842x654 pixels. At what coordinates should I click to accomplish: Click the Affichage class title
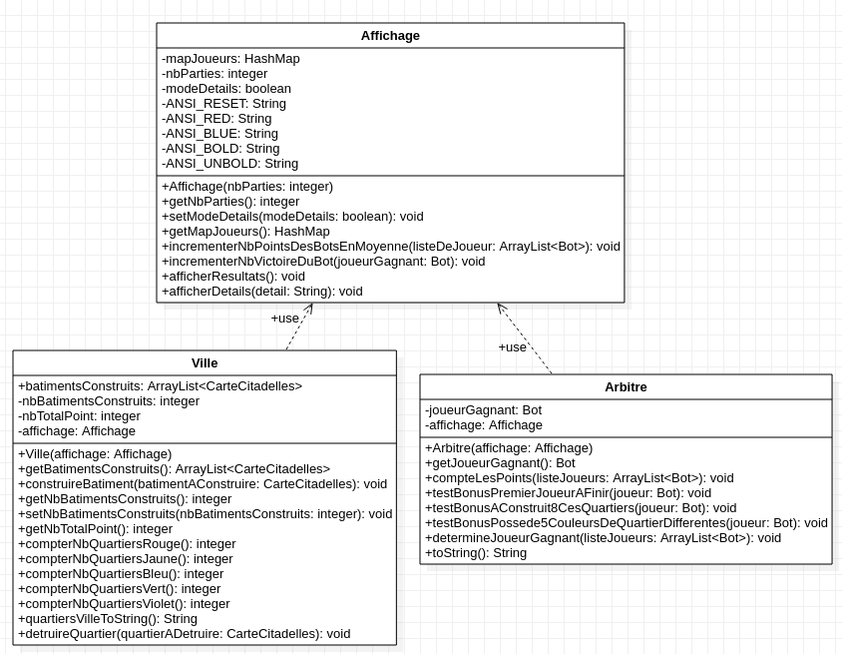pyautogui.click(x=390, y=36)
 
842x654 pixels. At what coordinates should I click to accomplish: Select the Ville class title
pyautogui.click(x=205, y=362)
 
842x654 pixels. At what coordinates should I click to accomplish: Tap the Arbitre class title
pyautogui.click(x=626, y=387)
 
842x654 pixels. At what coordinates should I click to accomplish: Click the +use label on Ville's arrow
pyautogui.click(x=284, y=319)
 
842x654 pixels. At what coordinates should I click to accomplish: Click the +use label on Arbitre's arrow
pyautogui.click(x=512, y=347)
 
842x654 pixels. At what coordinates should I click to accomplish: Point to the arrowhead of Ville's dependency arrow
pyautogui.click(x=311, y=306)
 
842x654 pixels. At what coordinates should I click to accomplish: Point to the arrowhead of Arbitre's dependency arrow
pyautogui.click(x=499, y=306)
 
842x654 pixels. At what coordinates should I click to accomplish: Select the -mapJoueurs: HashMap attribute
pyautogui.click(x=230, y=59)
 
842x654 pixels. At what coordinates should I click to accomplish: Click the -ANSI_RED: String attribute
pyautogui.click(x=216, y=119)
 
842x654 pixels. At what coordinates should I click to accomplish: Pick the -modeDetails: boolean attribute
pyautogui.click(x=226, y=89)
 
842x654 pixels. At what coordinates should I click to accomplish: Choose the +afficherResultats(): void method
pyautogui.click(x=233, y=277)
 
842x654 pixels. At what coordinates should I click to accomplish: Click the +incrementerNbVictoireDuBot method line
pyautogui.click(x=323, y=262)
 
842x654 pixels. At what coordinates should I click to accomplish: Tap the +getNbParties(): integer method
pyautogui.click(x=230, y=202)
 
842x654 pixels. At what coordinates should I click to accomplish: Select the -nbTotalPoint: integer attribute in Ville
pyautogui.click(x=79, y=416)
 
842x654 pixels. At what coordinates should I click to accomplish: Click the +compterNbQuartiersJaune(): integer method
pyautogui.click(x=126, y=559)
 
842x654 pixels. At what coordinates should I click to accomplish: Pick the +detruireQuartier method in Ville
pyautogui.click(x=184, y=634)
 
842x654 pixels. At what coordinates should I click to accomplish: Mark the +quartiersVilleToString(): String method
pyautogui.click(x=108, y=619)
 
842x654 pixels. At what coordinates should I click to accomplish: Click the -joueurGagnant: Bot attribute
pyautogui.click(x=483, y=410)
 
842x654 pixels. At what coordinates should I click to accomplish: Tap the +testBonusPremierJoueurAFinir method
pyautogui.click(x=568, y=493)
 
